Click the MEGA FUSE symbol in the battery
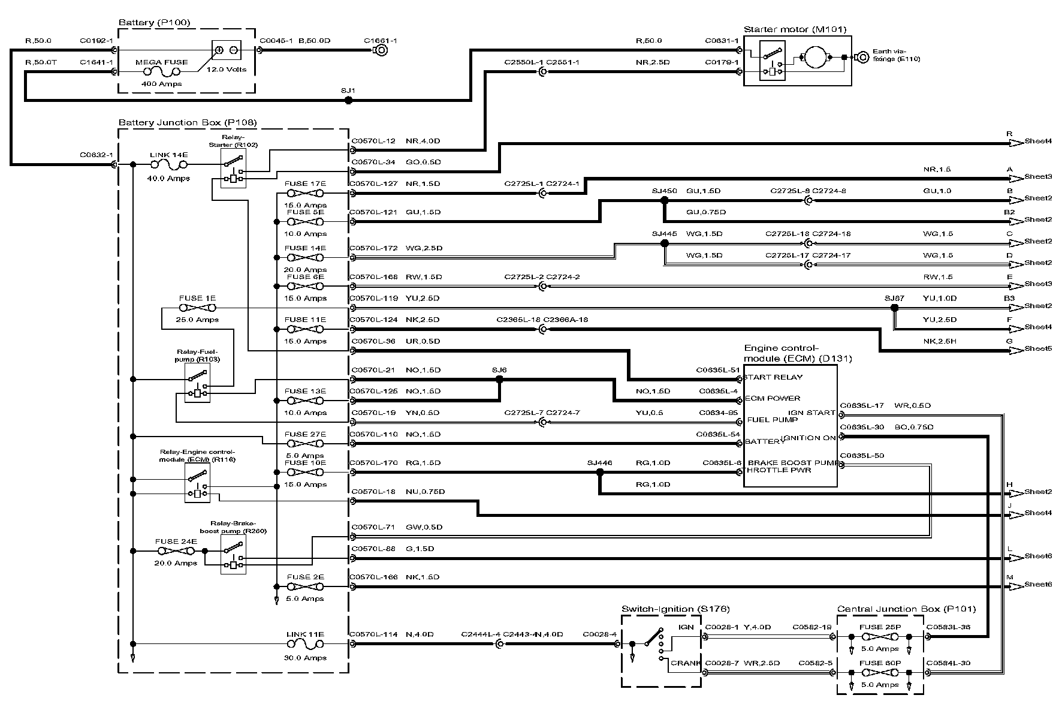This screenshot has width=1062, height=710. (x=161, y=72)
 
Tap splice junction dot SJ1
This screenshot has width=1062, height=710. (x=349, y=101)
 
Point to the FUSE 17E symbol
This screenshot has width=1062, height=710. (x=305, y=193)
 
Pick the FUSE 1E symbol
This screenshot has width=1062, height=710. (x=197, y=308)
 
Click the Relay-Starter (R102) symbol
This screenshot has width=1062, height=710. (x=233, y=169)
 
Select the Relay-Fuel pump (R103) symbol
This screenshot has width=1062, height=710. (x=197, y=383)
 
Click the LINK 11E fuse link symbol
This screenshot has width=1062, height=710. (x=305, y=644)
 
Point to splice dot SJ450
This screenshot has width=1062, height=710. (x=664, y=200)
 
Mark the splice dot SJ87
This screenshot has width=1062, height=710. (x=894, y=308)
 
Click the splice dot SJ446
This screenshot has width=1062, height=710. (x=600, y=473)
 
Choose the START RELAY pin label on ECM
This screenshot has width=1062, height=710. (x=773, y=377)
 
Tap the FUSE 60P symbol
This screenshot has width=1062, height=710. (x=880, y=673)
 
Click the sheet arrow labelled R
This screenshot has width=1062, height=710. (x=1015, y=143)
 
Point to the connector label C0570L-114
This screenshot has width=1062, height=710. (x=374, y=634)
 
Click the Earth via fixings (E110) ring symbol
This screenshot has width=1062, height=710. (x=863, y=58)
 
